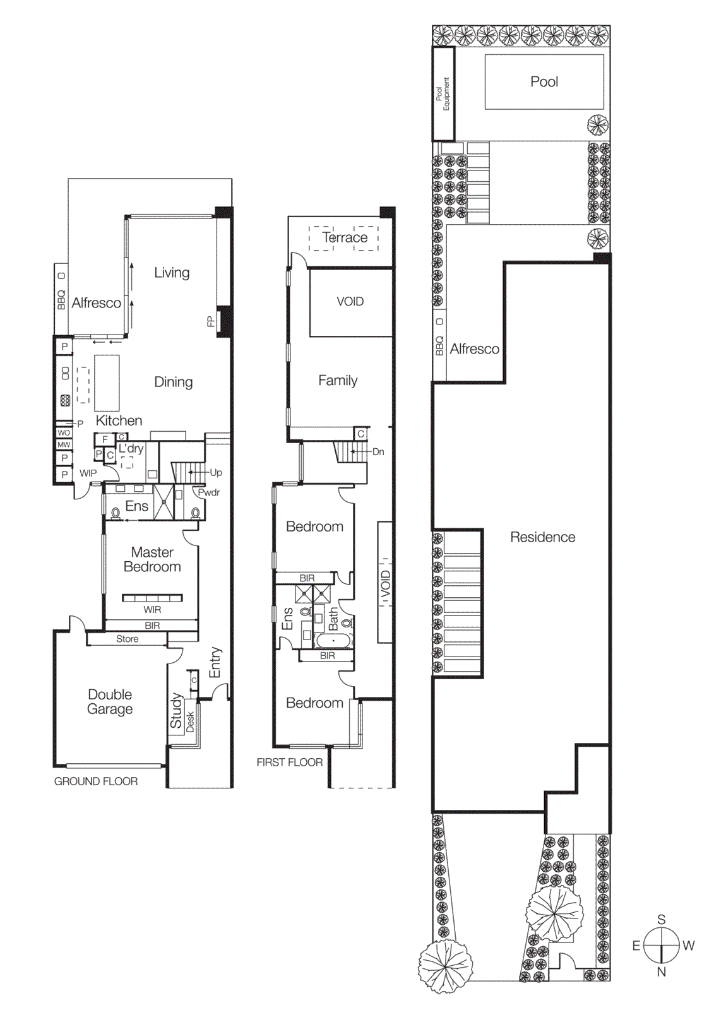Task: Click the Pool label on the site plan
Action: click(x=544, y=81)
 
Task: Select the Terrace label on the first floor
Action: click(x=345, y=237)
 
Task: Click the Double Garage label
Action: click(x=110, y=701)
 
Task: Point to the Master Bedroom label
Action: click(x=152, y=559)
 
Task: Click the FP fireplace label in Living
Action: click(x=211, y=321)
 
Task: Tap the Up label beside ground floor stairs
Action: click(x=216, y=472)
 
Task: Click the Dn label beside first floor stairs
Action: click(x=378, y=451)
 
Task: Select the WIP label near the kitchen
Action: click(x=88, y=473)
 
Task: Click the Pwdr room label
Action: click(x=209, y=492)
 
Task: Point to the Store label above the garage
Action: click(x=127, y=639)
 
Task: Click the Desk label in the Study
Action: click(x=190, y=722)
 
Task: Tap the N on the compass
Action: click(x=661, y=972)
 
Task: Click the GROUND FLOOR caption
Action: click(x=96, y=781)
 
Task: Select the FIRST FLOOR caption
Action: click(x=289, y=762)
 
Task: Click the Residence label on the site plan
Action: click(x=542, y=537)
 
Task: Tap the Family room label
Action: click(x=338, y=380)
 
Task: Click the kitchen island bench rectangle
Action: click(x=107, y=383)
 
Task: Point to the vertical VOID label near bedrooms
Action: click(x=386, y=585)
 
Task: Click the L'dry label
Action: click(x=131, y=448)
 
